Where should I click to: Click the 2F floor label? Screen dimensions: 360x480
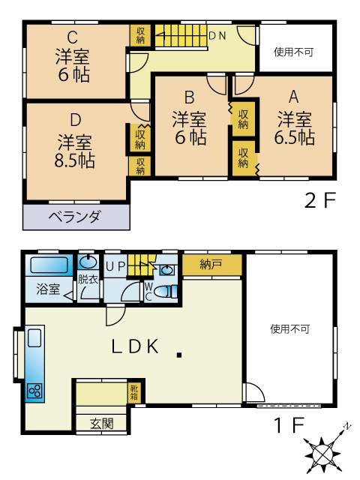tap(320, 200)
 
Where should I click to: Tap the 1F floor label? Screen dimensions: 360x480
tap(289, 425)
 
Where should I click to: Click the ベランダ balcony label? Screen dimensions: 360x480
tap(74, 217)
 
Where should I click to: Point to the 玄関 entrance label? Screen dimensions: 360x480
tap(102, 424)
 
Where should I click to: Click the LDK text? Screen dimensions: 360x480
tap(135, 346)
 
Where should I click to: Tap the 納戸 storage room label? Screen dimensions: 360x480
tap(211, 264)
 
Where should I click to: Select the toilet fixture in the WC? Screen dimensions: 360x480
tap(166, 292)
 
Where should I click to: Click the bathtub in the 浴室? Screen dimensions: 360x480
tap(49, 265)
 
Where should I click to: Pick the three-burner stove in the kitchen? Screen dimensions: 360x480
tap(34, 391)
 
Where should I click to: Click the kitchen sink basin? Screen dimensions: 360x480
tap(34, 337)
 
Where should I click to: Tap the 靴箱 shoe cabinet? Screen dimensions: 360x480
tap(134, 393)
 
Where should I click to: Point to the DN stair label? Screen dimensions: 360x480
tap(217, 36)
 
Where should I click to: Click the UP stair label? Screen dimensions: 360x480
tap(115, 267)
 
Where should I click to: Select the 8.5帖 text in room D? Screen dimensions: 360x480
tap(75, 160)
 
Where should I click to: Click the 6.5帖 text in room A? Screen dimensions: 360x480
tap(295, 137)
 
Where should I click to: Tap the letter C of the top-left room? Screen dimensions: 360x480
tap(73, 37)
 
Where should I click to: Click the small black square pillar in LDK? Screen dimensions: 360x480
tap(179, 355)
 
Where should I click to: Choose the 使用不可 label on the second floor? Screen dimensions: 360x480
tap(293, 52)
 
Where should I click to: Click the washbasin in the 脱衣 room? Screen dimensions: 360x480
tap(88, 262)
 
